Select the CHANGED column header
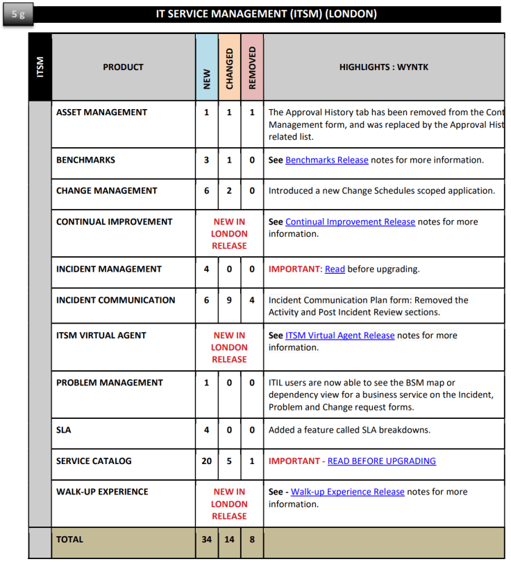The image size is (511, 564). (229, 68)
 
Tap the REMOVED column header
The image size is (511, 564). (252, 67)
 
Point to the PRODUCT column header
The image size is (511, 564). (123, 67)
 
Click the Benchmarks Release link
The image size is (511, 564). (326, 160)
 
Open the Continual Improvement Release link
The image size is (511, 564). (350, 222)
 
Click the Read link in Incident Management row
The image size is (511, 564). (335, 269)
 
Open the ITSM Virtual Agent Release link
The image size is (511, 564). (340, 335)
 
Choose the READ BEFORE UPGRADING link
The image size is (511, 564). (381, 461)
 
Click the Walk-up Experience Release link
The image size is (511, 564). (347, 491)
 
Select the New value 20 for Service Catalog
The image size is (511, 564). (206, 461)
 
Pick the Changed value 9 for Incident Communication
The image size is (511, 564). (229, 300)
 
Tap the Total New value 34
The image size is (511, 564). (206, 539)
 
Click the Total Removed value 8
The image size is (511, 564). (252, 539)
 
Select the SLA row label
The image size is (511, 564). (64, 430)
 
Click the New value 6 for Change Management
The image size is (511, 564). (206, 190)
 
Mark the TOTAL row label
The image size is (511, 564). (69, 539)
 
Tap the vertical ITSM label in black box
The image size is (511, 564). (40, 67)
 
